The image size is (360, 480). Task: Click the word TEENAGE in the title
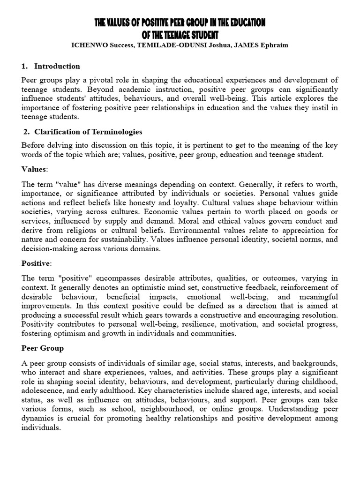[187, 35]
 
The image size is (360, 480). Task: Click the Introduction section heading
[57, 66]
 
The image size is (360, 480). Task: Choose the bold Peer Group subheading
[43, 349]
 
